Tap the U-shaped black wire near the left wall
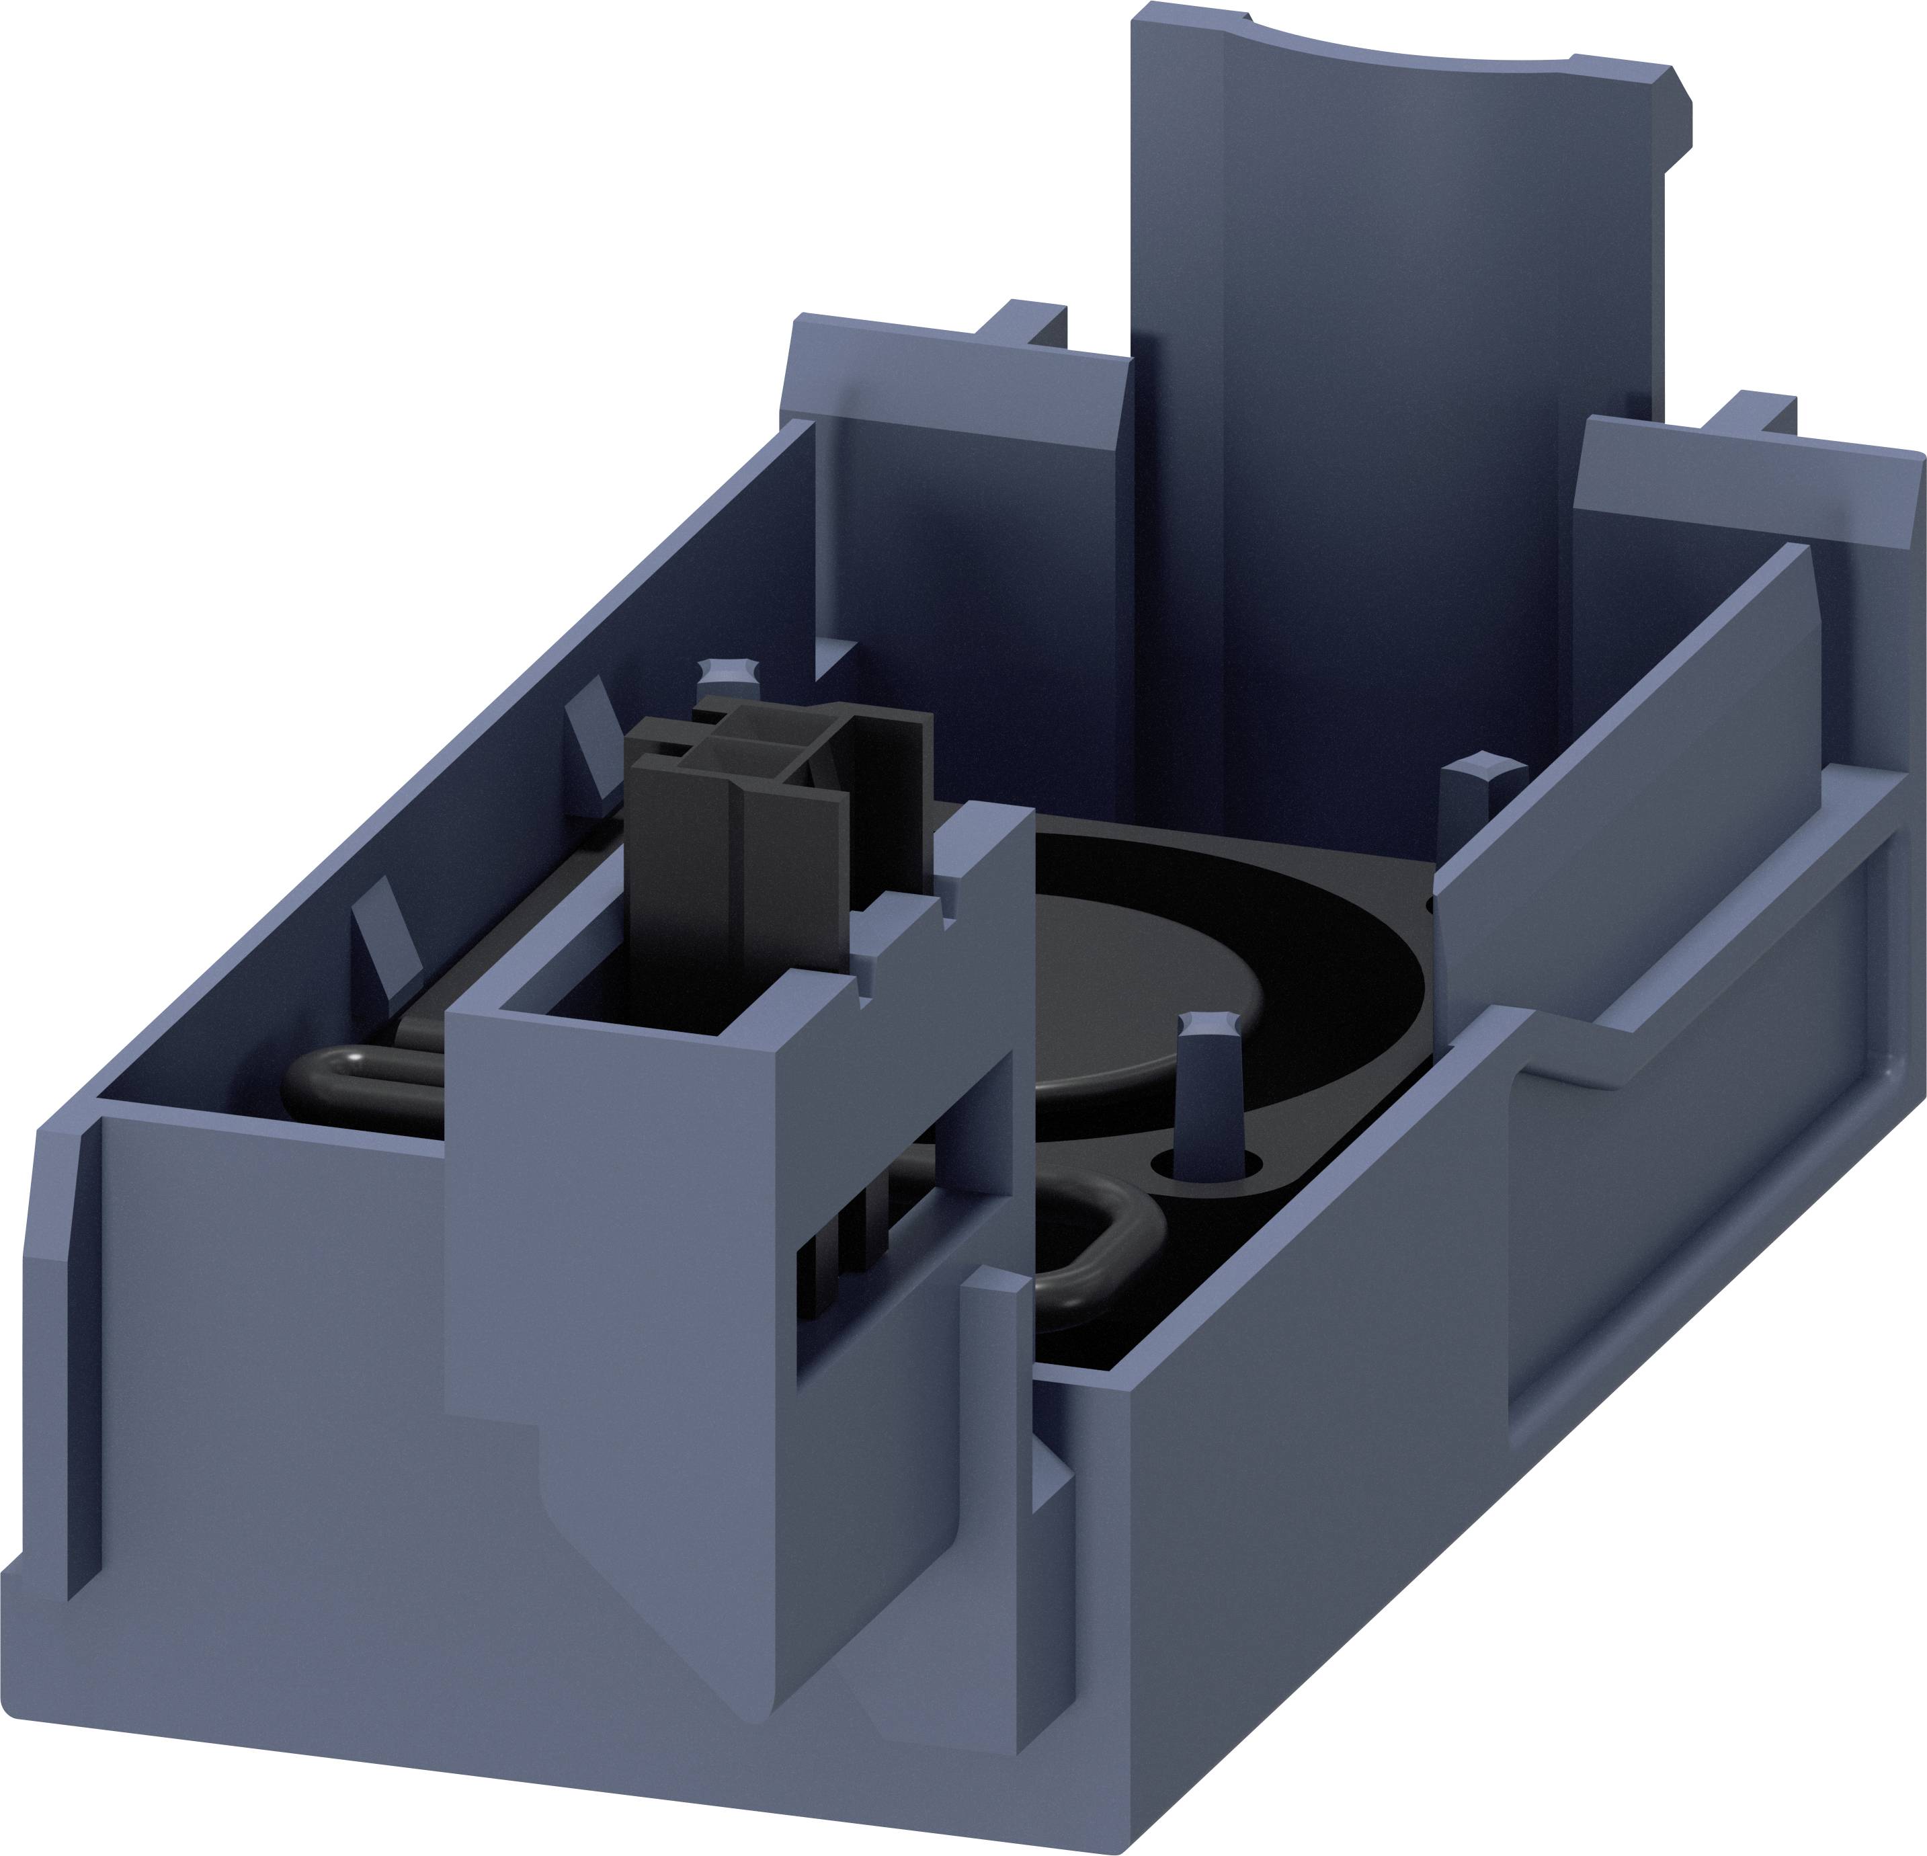354,1082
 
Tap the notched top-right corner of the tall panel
1672,98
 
